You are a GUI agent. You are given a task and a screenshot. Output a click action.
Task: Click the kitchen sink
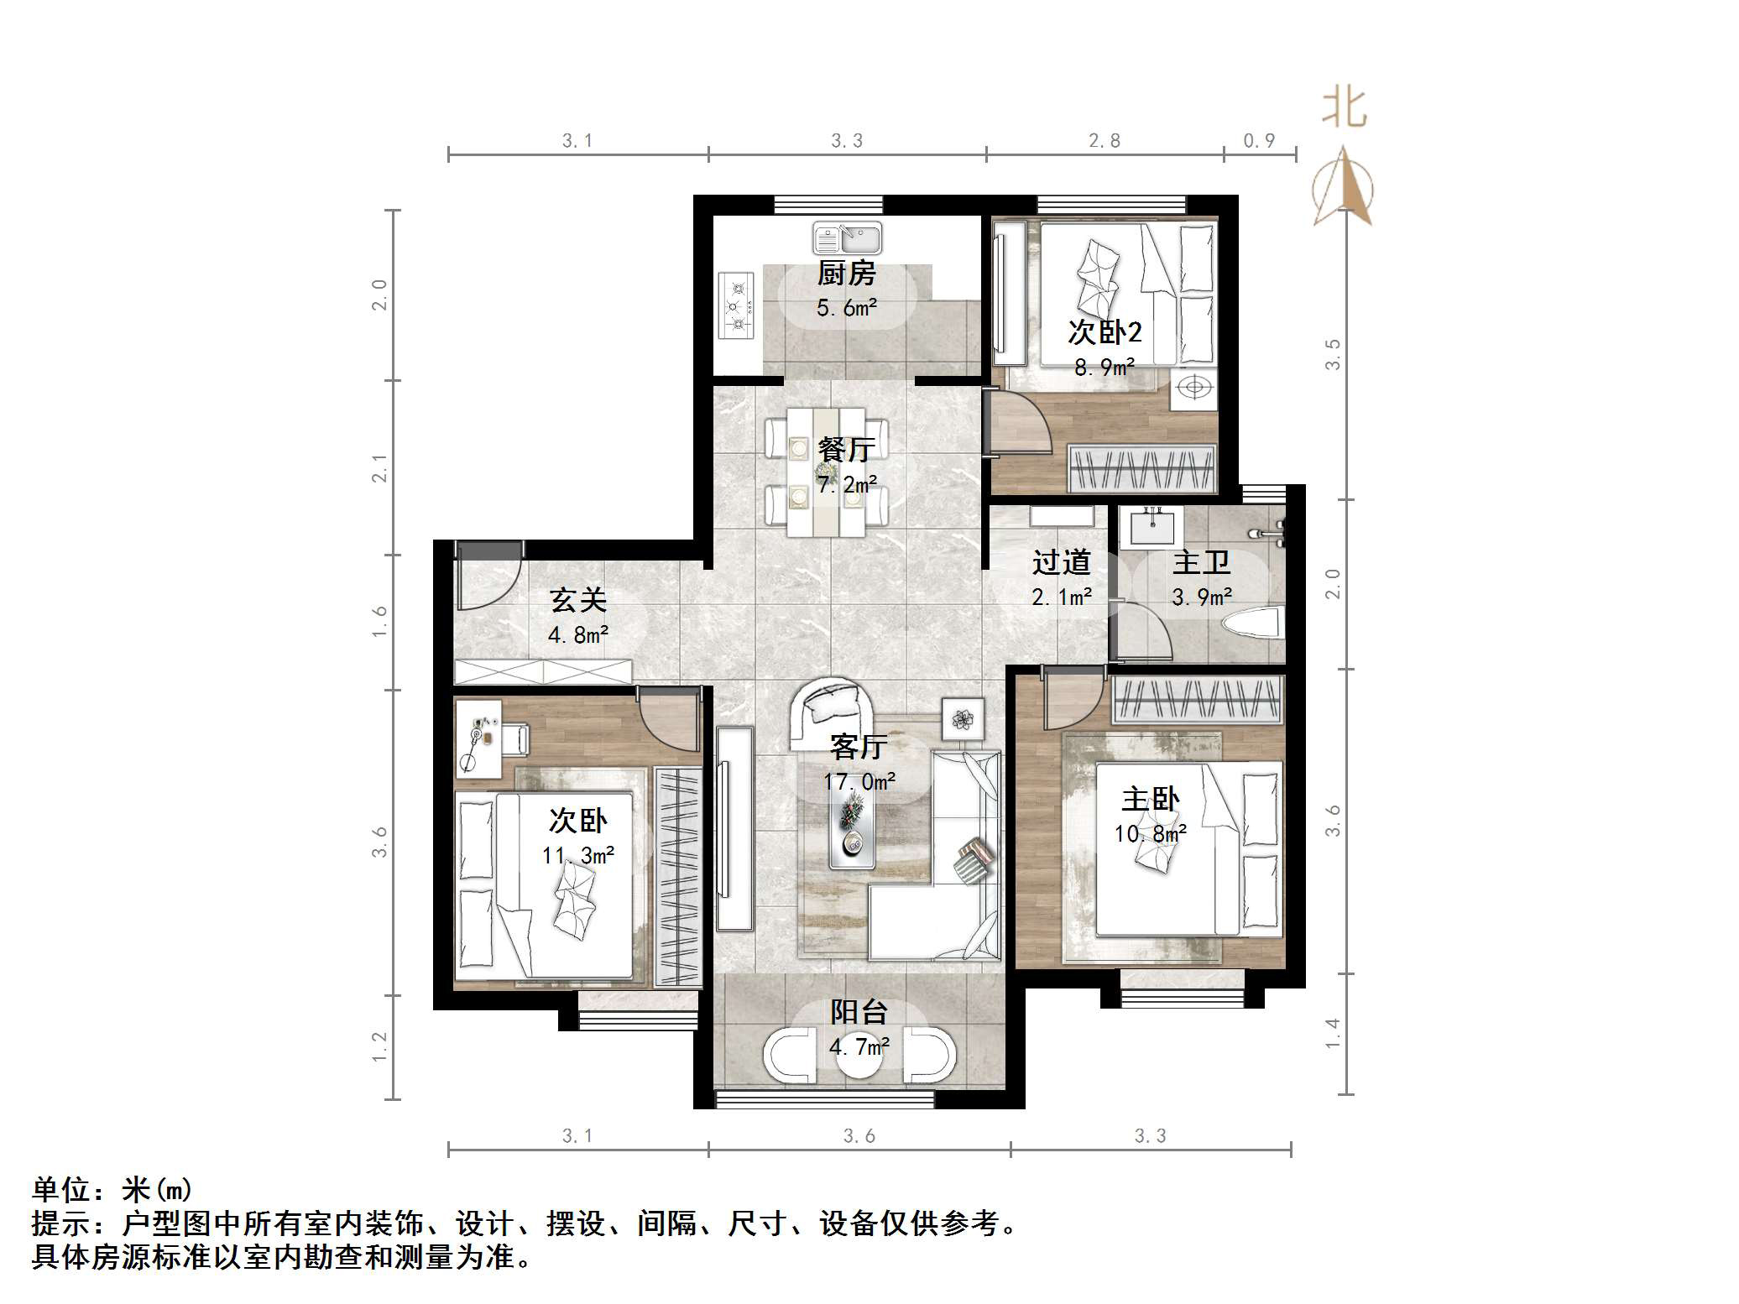[847, 238]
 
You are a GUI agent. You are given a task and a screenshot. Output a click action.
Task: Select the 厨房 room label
[847, 274]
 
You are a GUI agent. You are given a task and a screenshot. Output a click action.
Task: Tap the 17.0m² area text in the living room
[859, 782]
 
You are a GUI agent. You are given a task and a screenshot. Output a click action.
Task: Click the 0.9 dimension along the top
[1259, 141]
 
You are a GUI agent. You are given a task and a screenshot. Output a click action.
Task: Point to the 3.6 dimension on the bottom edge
[859, 1136]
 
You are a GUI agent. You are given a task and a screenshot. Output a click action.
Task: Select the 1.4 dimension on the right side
[1332, 1033]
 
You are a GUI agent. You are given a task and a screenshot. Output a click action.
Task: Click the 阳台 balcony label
[859, 1012]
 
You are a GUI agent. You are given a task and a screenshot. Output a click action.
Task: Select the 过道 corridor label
[1061, 562]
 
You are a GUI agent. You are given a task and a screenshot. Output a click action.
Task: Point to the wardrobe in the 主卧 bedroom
[1198, 701]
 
